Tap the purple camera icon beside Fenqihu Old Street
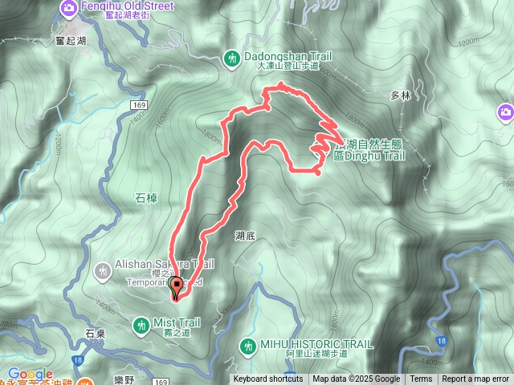(69, 9)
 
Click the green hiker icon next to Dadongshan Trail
(231, 58)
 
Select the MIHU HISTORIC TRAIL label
(316, 344)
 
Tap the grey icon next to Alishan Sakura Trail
(102, 270)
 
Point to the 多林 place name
(401, 95)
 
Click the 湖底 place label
(245, 236)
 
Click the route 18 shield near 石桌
(77, 362)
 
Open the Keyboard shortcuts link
(268, 379)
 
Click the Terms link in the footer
(421, 379)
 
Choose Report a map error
(475, 379)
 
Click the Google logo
(31, 374)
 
